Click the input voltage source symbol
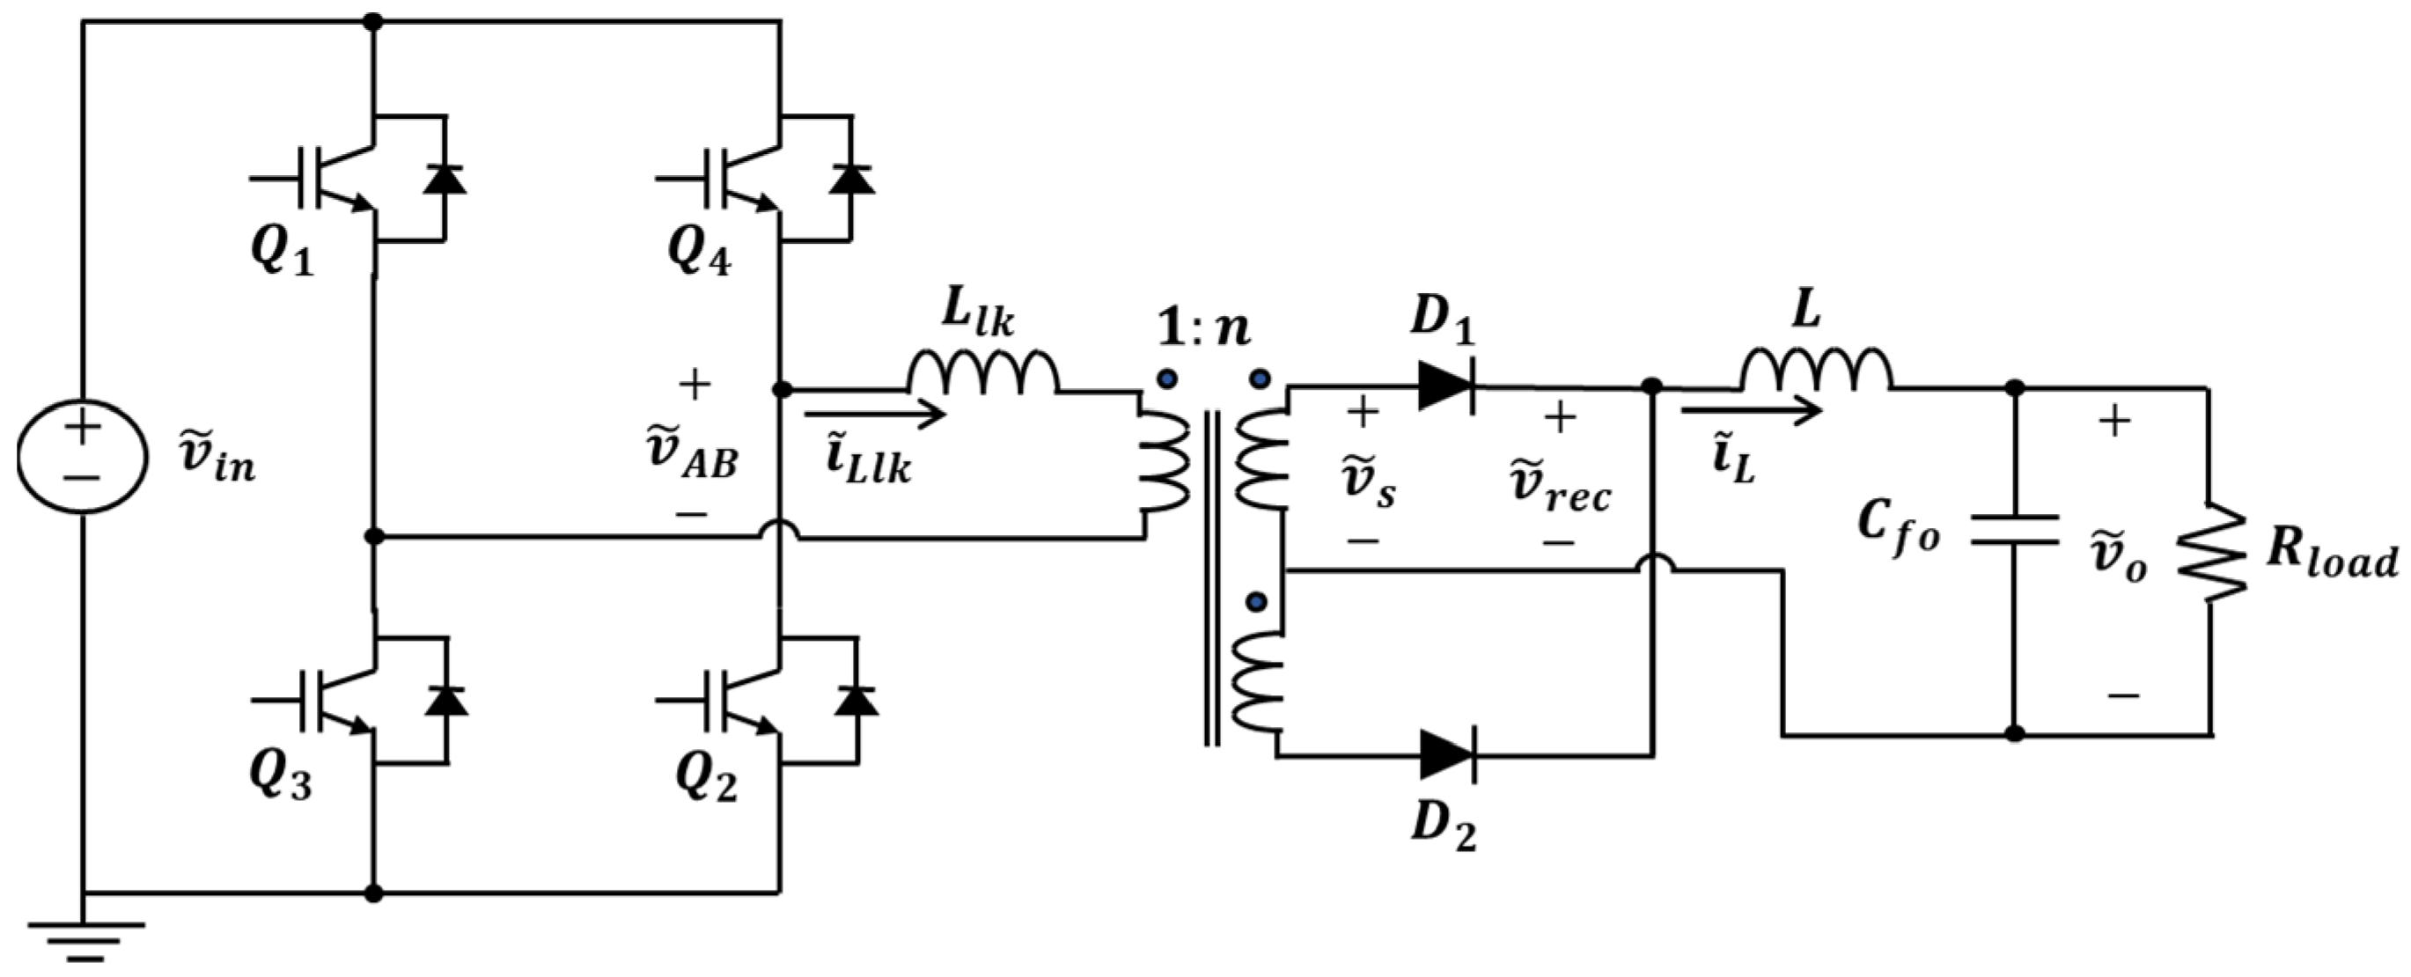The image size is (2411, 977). point(83,456)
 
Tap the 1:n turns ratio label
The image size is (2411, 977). point(1204,328)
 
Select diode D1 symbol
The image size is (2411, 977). point(1447,386)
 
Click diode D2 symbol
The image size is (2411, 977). point(1447,754)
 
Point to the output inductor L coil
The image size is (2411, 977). point(1816,371)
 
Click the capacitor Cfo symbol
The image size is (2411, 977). point(2014,530)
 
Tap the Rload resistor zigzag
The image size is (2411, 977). point(2209,552)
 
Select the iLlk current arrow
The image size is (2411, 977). point(875,414)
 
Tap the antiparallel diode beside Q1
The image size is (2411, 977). point(444,178)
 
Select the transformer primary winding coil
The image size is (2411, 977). point(1164,464)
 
